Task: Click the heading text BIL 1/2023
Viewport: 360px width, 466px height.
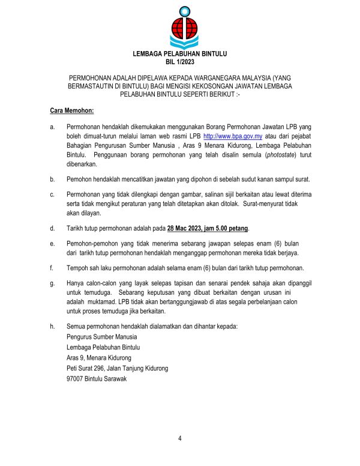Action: point(179,62)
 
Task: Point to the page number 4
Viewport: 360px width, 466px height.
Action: point(179,438)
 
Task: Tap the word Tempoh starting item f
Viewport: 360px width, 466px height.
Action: point(79,267)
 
